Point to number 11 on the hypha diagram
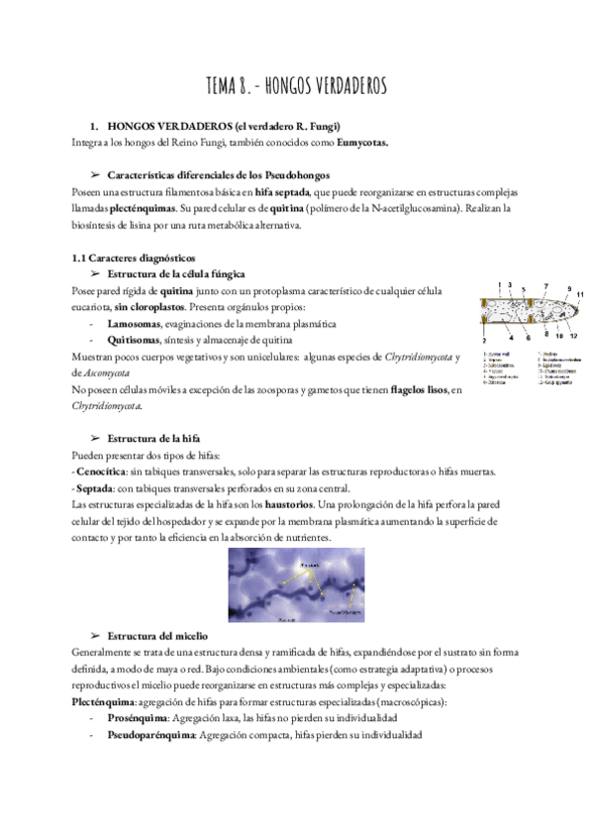(579, 294)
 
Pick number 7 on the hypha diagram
(544, 287)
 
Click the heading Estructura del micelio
(163, 635)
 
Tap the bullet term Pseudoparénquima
(151, 735)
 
